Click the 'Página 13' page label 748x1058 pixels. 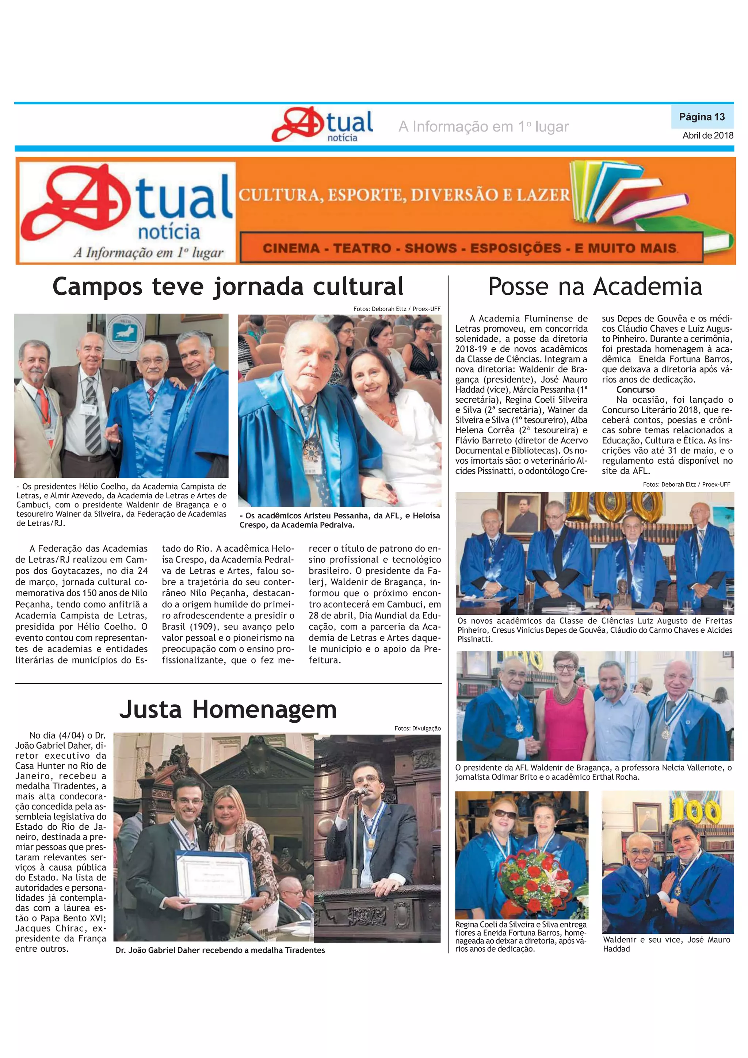(x=702, y=117)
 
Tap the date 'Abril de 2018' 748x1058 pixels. (x=707, y=136)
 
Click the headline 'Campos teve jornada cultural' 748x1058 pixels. (x=228, y=287)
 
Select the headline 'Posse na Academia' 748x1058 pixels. (x=595, y=287)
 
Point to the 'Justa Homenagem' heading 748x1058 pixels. (x=228, y=709)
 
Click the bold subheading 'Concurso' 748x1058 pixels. (x=635, y=389)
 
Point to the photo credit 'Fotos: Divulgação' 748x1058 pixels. (x=417, y=728)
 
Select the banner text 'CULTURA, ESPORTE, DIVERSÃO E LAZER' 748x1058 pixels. (x=404, y=195)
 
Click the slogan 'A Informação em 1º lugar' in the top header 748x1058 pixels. (x=483, y=127)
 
